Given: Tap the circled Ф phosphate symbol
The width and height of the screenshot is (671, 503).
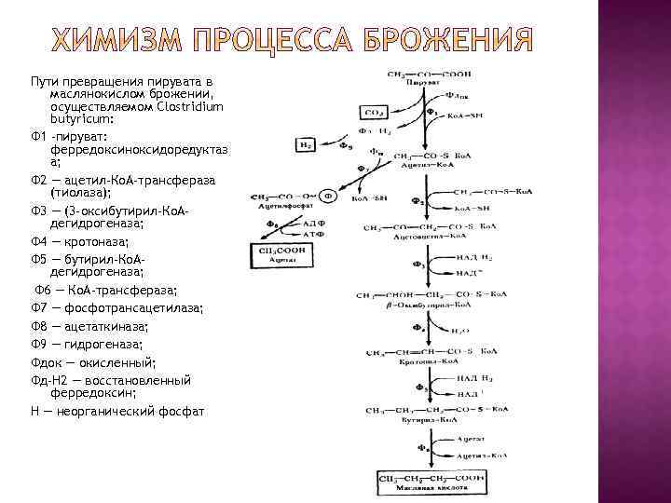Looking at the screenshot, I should tap(328, 197).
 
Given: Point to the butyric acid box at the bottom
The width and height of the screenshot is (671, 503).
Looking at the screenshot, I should tap(430, 482).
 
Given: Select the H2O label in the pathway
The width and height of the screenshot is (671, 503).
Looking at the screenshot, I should tap(459, 330).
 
